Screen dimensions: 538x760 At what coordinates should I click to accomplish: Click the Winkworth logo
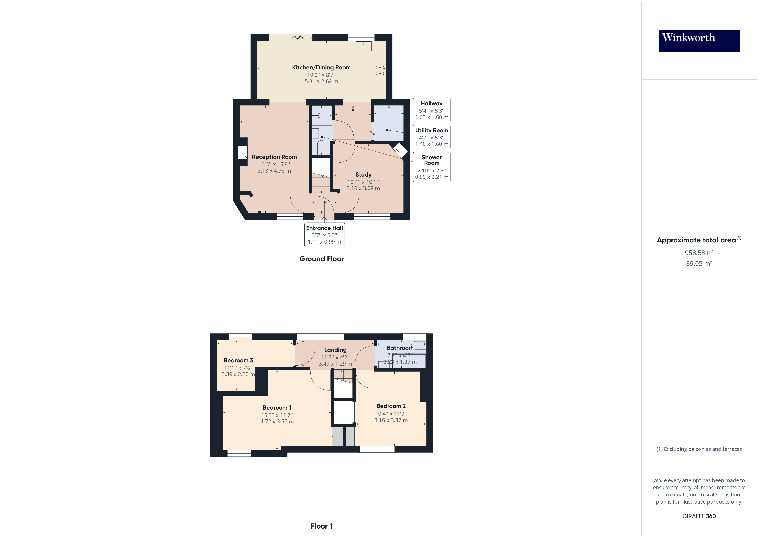[699, 41]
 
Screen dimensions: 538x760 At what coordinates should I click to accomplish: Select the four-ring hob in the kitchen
[380, 70]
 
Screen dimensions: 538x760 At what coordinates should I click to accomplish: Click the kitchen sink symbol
[363, 46]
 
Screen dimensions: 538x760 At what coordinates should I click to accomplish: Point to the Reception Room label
[274, 157]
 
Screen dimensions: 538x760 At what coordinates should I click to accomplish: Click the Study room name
[363, 175]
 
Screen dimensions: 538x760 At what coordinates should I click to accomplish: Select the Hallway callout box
[431, 110]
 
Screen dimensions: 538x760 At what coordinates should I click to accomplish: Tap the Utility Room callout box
[431, 137]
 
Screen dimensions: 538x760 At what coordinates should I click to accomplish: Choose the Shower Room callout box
[431, 167]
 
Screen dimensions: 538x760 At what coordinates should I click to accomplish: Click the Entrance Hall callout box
[324, 235]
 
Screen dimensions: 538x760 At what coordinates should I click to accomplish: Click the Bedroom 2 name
[391, 406]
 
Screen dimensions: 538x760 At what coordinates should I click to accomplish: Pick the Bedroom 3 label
[238, 360]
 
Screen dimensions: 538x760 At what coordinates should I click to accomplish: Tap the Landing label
[335, 350]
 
